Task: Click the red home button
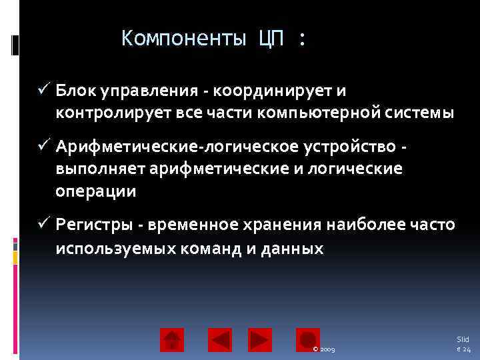[172, 340]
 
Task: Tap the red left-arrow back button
[219, 340]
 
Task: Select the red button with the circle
[308, 340]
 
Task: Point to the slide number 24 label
[463, 344]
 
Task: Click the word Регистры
[93, 225]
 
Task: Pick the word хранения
[287, 225]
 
